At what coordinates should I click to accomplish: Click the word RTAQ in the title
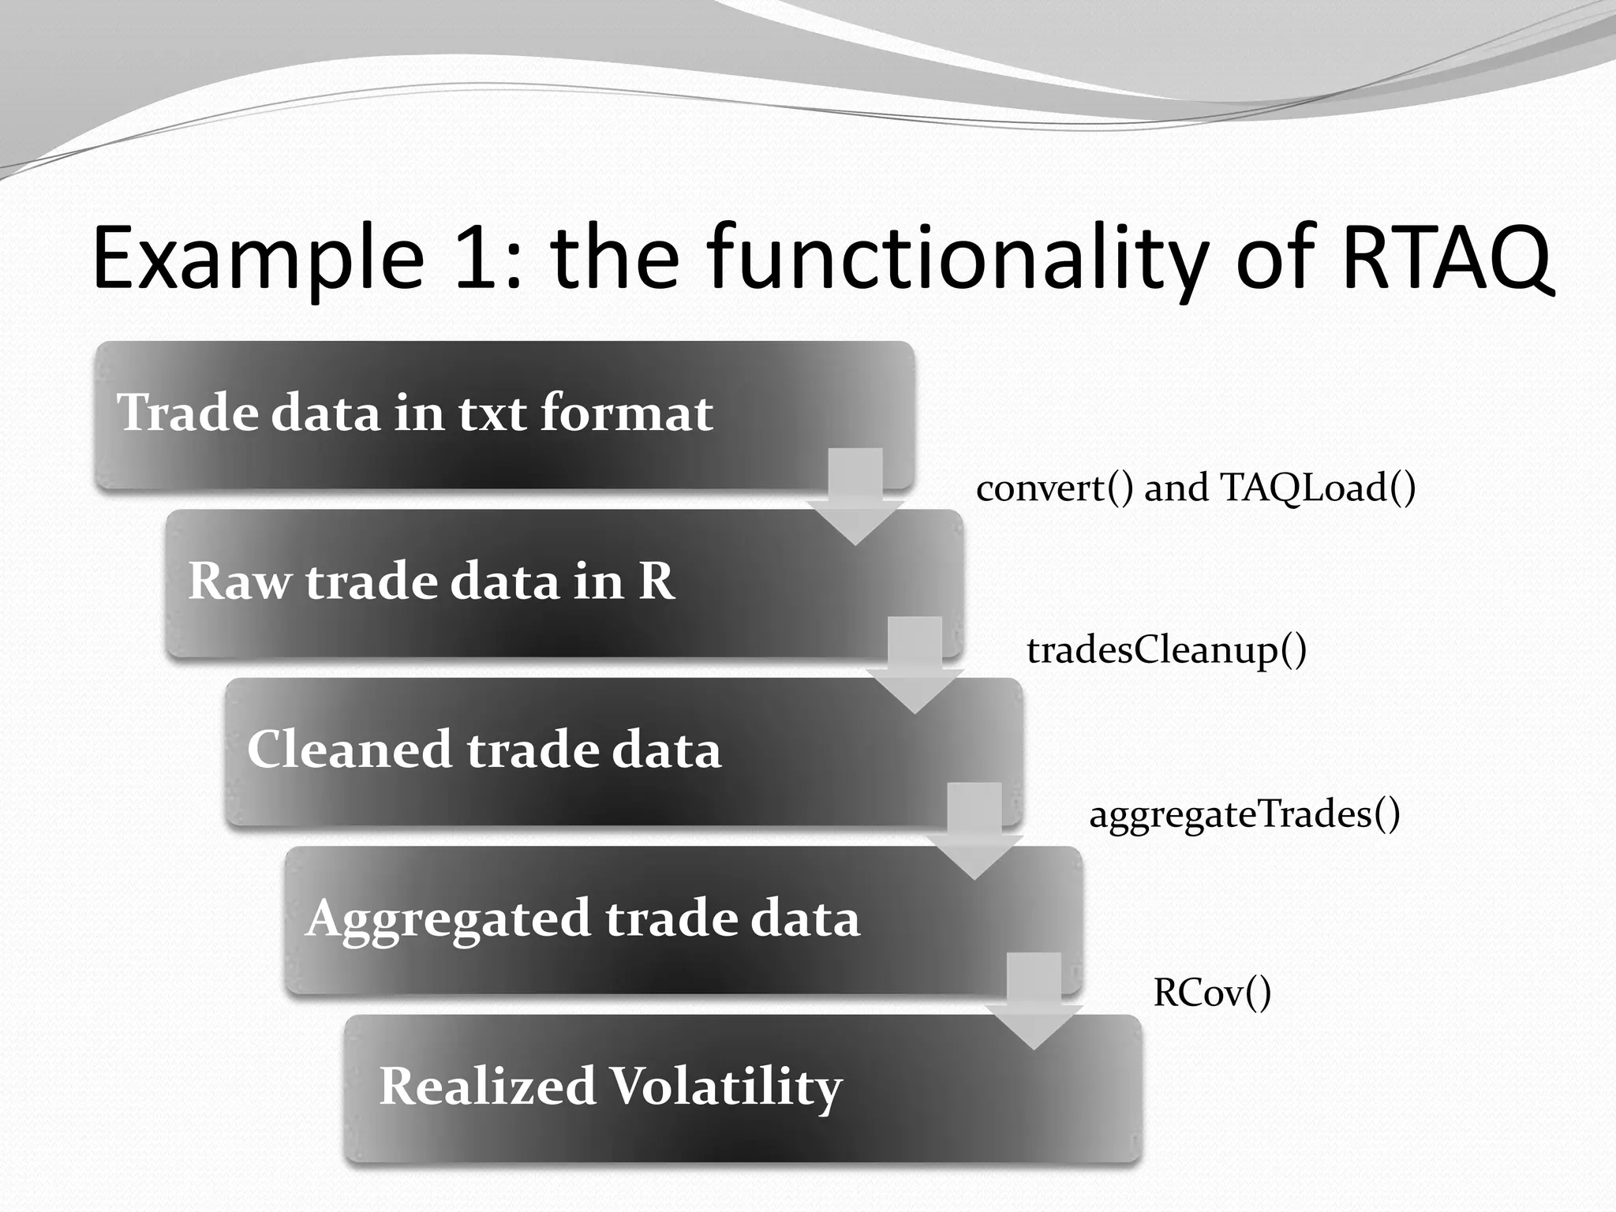tap(1446, 257)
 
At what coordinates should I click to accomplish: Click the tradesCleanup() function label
tap(1166, 651)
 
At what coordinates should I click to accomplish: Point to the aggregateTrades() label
tap(1244, 814)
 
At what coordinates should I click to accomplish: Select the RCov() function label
tap(1212, 993)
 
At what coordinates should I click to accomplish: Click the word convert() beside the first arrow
tap(1054, 488)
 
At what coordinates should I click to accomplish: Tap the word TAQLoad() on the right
tap(1318, 488)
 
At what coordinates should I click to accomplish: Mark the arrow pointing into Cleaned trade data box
tap(915, 668)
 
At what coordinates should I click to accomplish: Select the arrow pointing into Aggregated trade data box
tap(974, 835)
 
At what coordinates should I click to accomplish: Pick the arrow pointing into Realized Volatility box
tap(1034, 1004)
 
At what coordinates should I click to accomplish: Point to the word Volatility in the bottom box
tap(726, 1087)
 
